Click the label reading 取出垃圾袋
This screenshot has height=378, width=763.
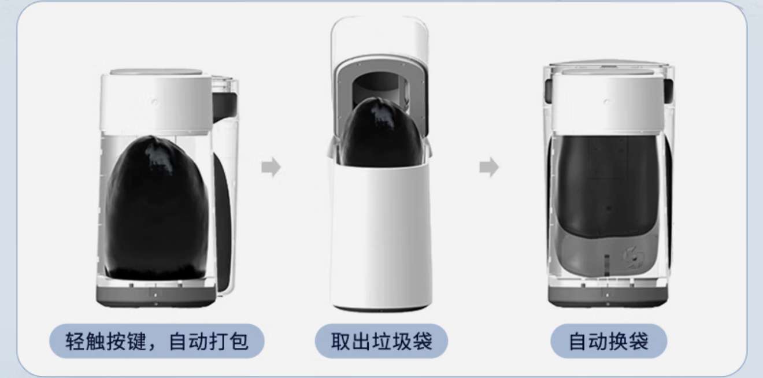[x=381, y=341]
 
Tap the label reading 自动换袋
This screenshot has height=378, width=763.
[x=608, y=341]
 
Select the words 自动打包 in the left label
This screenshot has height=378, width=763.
[x=209, y=341]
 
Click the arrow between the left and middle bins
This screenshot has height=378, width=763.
[x=271, y=168]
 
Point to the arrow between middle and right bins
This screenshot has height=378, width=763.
[x=489, y=168]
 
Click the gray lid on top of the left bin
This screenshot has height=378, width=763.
[x=156, y=72]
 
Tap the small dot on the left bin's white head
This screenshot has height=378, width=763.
[x=155, y=101]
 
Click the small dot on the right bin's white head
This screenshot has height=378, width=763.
[x=606, y=102]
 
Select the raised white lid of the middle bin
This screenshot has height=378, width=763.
[x=379, y=35]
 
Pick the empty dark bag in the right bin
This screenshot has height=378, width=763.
[x=604, y=185]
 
